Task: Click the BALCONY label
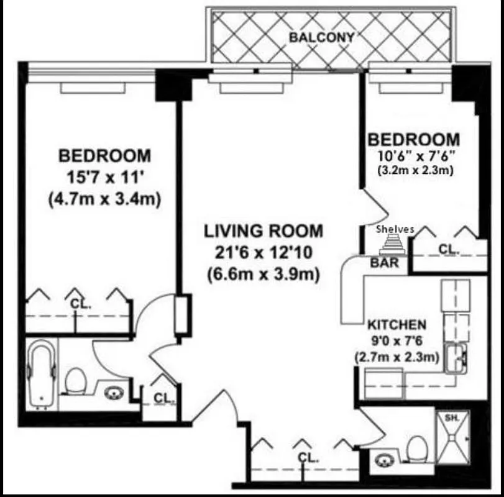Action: click(321, 37)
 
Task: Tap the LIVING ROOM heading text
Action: click(263, 232)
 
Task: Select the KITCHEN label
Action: click(396, 324)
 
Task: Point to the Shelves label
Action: click(395, 229)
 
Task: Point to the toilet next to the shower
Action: click(416, 447)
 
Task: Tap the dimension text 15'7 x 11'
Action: click(104, 177)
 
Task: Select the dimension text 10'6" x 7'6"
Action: click(413, 156)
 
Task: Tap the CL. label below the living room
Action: click(308, 458)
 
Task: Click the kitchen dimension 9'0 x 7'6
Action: click(396, 340)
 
